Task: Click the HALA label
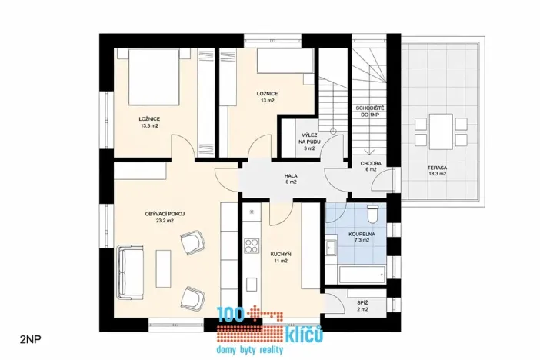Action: (x=291, y=176)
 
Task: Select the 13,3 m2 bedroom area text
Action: (x=149, y=125)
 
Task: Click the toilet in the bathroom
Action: (x=373, y=214)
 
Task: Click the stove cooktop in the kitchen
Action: (x=251, y=246)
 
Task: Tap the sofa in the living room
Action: (x=127, y=272)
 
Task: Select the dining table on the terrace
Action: (x=441, y=131)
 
